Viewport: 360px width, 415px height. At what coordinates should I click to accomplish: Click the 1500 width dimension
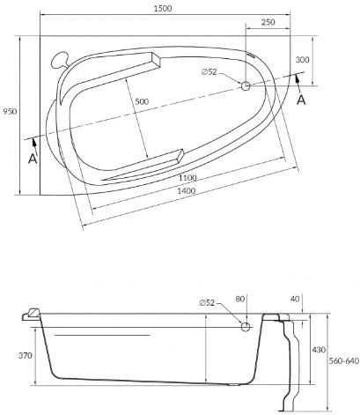pos(163,8)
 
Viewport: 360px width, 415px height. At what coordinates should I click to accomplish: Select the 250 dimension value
pos(268,22)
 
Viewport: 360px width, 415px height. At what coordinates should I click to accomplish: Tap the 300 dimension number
pos(302,60)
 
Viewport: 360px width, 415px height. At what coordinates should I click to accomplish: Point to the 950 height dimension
pos(11,111)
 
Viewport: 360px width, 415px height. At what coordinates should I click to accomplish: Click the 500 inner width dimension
pos(142,101)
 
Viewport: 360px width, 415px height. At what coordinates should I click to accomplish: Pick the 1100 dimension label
pos(187,178)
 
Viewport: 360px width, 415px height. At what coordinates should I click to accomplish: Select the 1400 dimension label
pos(187,191)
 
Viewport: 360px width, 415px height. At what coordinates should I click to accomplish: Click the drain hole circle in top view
pos(246,85)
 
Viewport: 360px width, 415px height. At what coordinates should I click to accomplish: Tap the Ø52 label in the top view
pos(209,71)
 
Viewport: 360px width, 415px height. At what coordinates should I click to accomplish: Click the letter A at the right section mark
pos(301,100)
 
